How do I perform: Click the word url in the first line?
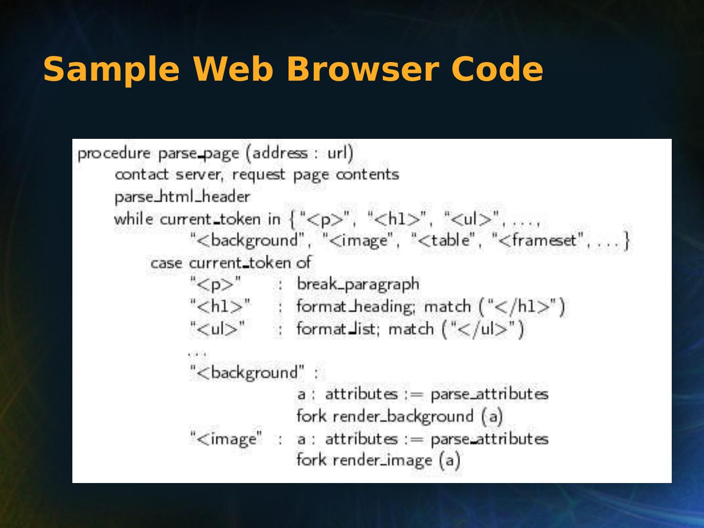[x=338, y=153]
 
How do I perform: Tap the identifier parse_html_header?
[x=182, y=197]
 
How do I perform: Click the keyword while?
[x=133, y=219]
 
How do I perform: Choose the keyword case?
[x=166, y=263]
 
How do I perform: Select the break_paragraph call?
[x=358, y=285]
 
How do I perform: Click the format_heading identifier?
[x=355, y=307]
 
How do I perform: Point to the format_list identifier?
[x=337, y=329]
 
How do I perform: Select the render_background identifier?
[x=403, y=417]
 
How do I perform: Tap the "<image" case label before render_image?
[x=226, y=439]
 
